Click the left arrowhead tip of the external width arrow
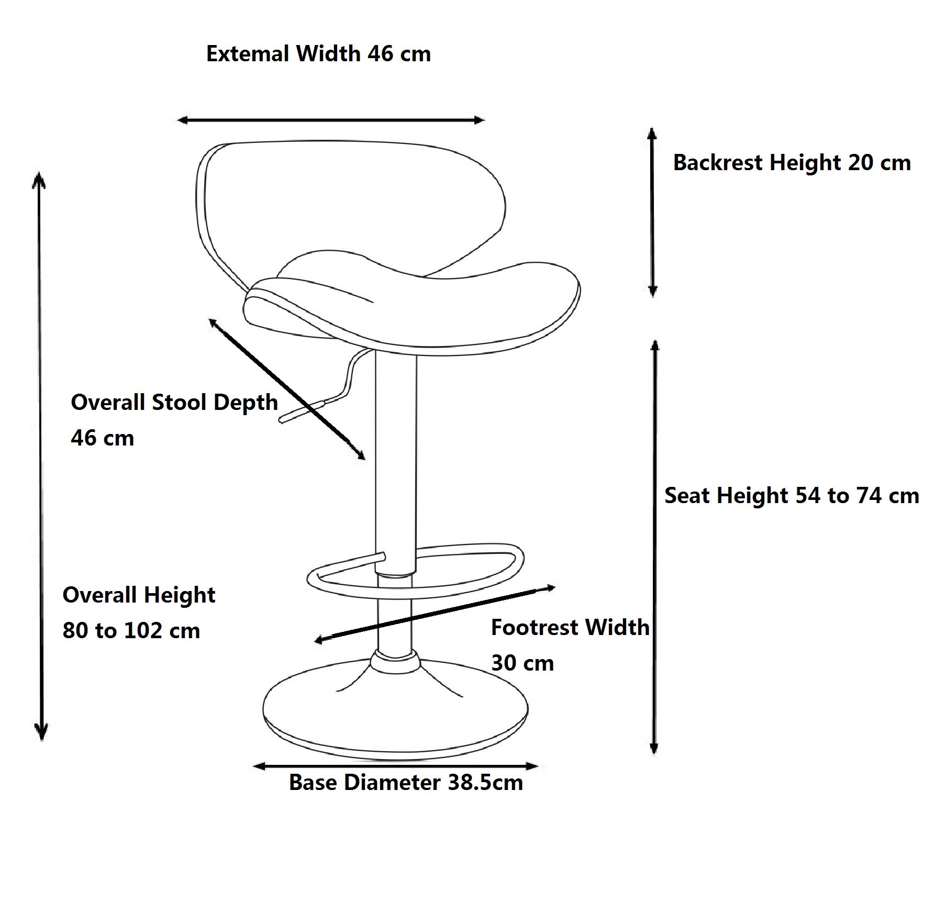click(178, 120)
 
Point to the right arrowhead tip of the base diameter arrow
click(538, 766)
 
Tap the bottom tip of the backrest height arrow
click(652, 297)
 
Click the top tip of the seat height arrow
click(654, 340)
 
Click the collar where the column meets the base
click(396, 662)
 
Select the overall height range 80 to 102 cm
click(131, 631)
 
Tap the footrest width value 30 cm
click(522, 663)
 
